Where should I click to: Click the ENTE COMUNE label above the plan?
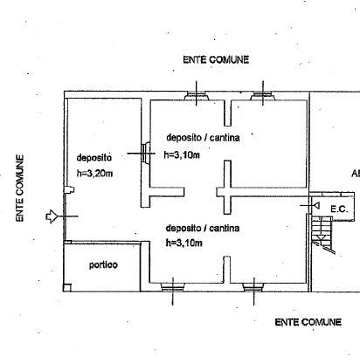pyautogui.click(x=216, y=59)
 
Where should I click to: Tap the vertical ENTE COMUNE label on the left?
pyautogui.click(x=19, y=188)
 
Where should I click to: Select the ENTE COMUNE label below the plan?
pyautogui.click(x=308, y=322)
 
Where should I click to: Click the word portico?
pyautogui.click(x=103, y=265)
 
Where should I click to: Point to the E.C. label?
pyautogui.click(x=339, y=209)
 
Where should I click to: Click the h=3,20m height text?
pyautogui.click(x=94, y=174)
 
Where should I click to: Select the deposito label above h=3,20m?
pyautogui.click(x=93, y=158)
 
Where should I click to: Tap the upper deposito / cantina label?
pyautogui.click(x=203, y=138)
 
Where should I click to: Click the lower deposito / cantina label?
pyautogui.click(x=203, y=228)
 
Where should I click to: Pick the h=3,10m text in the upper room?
pyautogui.click(x=182, y=155)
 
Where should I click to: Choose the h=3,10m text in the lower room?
pyautogui.click(x=183, y=243)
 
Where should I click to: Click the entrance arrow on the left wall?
pyautogui.click(x=51, y=216)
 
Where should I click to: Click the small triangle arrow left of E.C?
pyautogui.click(x=316, y=206)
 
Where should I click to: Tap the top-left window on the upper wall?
pyautogui.click(x=196, y=96)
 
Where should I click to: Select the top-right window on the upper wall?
pyautogui.click(x=263, y=96)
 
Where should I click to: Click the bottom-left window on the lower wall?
pyautogui.click(x=172, y=287)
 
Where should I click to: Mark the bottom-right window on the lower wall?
pyautogui.click(x=253, y=287)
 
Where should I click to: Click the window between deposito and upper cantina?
pyautogui.click(x=145, y=153)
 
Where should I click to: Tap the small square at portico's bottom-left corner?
pyautogui.click(x=67, y=287)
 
